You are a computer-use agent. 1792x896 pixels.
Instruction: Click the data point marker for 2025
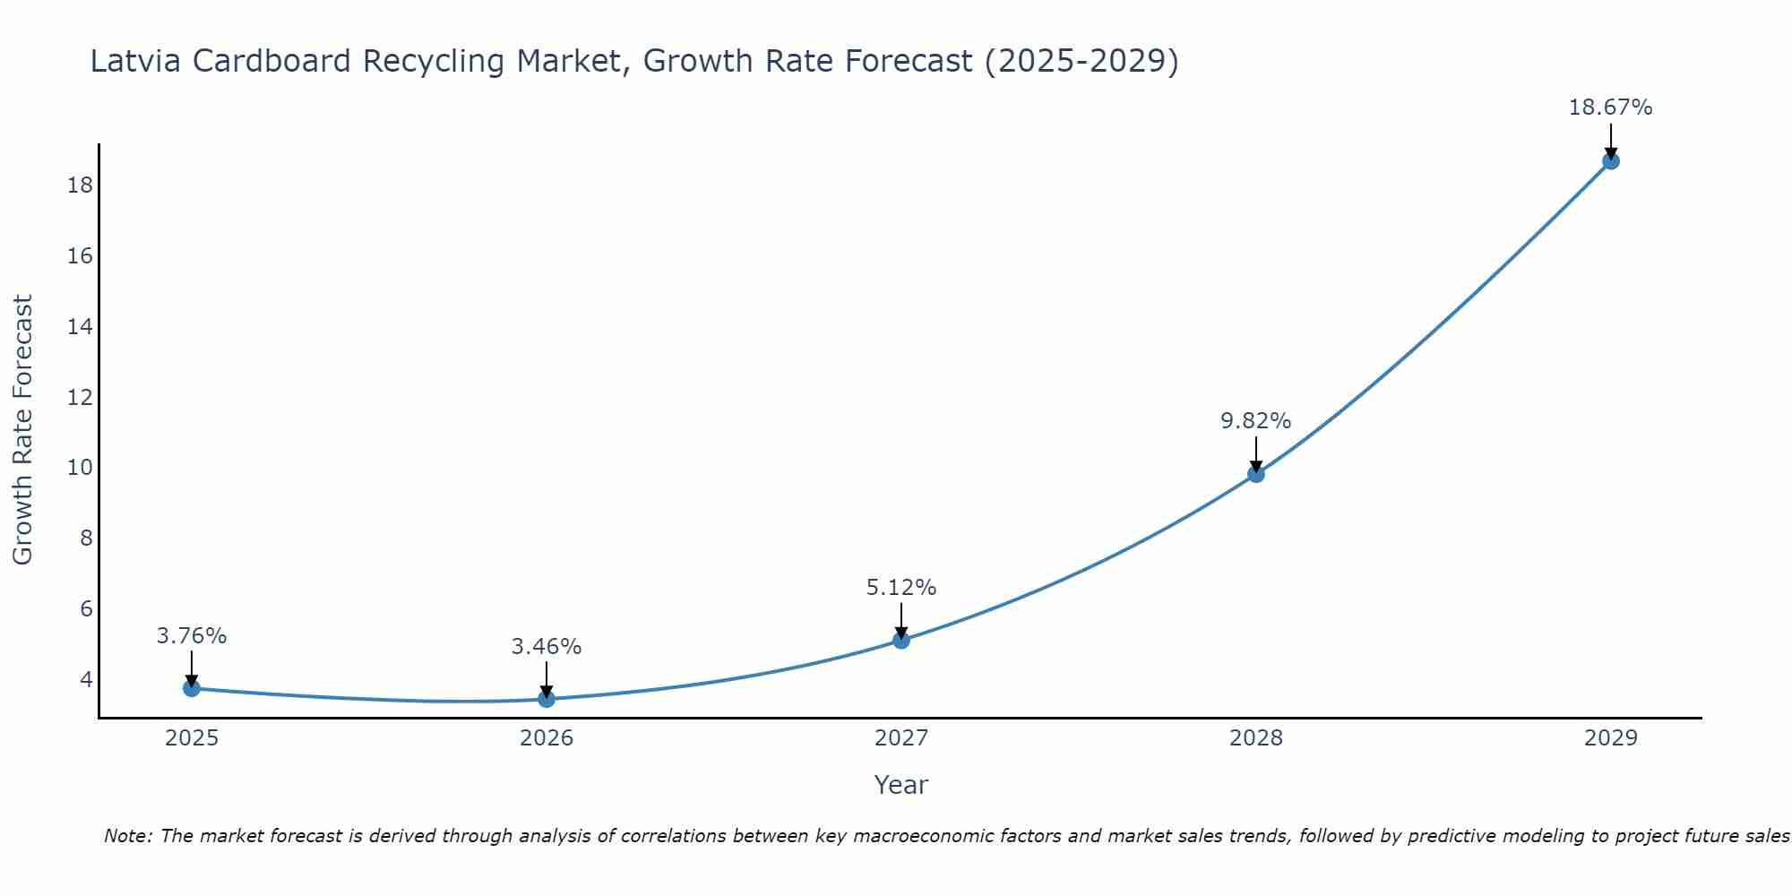coord(191,688)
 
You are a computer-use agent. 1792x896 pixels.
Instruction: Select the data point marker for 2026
coord(547,699)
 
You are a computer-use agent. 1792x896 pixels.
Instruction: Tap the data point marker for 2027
coord(901,640)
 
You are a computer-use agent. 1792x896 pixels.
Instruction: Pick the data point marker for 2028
coord(1256,474)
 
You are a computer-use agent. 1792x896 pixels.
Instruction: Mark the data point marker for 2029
coord(1611,161)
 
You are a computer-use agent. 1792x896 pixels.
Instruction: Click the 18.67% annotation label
coord(1610,108)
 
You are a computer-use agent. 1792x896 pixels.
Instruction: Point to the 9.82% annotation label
coord(1255,421)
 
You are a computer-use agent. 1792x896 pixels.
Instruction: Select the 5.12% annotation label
coord(900,588)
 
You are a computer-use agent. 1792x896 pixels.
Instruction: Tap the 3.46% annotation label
coord(546,647)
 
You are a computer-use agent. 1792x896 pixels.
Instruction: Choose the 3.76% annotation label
coord(191,636)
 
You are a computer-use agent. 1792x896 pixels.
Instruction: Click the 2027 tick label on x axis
coord(901,738)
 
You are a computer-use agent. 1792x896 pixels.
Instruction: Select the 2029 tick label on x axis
coord(1611,738)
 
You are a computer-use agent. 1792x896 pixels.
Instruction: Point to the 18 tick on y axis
coord(80,185)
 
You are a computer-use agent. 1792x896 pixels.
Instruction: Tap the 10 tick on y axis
coord(80,468)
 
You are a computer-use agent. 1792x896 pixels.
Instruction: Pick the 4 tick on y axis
coord(86,679)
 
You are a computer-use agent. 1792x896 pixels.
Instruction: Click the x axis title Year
coord(900,785)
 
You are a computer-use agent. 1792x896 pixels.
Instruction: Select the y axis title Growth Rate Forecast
coord(22,430)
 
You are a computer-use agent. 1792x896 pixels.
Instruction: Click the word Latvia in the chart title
coord(135,61)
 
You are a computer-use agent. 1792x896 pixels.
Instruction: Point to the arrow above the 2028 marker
coord(1256,453)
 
